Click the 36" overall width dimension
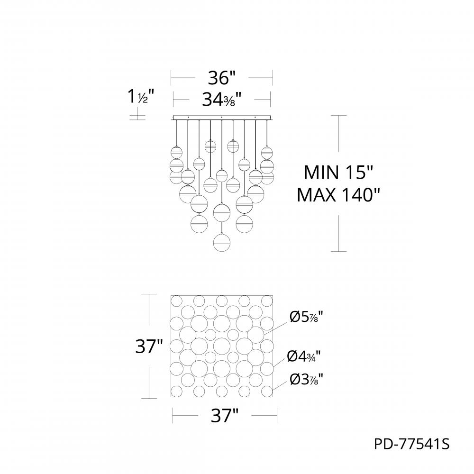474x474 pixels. click(221, 77)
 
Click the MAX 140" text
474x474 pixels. click(339, 194)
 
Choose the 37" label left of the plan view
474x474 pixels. click(149, 347)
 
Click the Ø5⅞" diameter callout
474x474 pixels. click(306, 317)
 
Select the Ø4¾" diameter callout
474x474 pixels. click(306, 355)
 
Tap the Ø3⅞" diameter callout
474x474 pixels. click(306, 379)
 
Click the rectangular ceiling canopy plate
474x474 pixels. click(221, 117)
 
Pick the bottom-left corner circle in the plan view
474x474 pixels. click(177, 392)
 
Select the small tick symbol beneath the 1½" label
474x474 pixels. click(137, 115)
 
